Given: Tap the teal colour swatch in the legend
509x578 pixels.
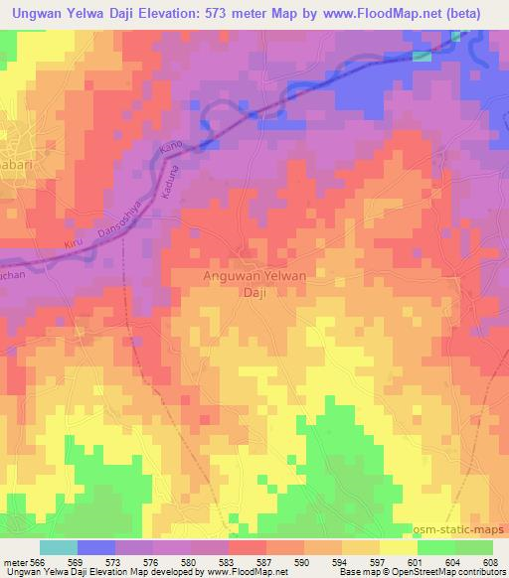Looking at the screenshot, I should pyautogui.click(x=59, y=547).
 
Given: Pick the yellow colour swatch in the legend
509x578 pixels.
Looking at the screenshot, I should pyautogui.click(x=398, y=547).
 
